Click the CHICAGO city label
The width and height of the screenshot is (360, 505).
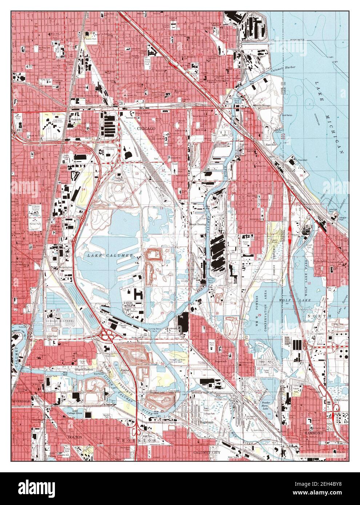tap(146, 129)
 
